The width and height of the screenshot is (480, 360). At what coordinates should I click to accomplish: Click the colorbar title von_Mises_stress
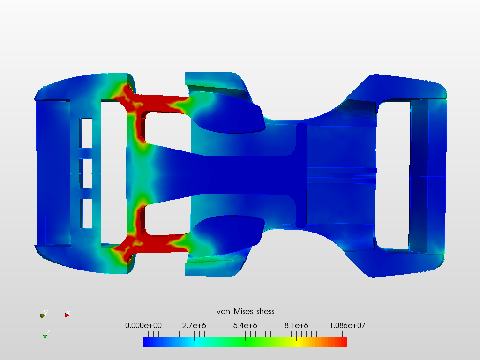pos(245,311)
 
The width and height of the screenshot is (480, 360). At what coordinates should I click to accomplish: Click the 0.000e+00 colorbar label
pos(143,325)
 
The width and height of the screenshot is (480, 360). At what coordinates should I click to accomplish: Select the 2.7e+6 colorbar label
pos(195,325)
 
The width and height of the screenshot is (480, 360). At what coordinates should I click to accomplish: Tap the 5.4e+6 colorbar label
pos(245,325)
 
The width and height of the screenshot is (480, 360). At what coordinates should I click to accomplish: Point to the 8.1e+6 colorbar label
pos(296,325)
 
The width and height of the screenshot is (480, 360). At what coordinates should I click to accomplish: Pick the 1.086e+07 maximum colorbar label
pos(346,325)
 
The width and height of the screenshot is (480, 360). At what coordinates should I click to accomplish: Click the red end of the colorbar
pos(343,342)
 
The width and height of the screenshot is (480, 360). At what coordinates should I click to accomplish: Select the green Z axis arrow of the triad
pos(45,336)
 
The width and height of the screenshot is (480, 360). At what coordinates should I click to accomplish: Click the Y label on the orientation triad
pos(45,312)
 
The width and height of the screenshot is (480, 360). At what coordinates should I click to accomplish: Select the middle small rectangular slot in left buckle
pos(87,173)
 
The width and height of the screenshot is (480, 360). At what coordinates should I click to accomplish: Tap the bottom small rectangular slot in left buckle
pos(87,213)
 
